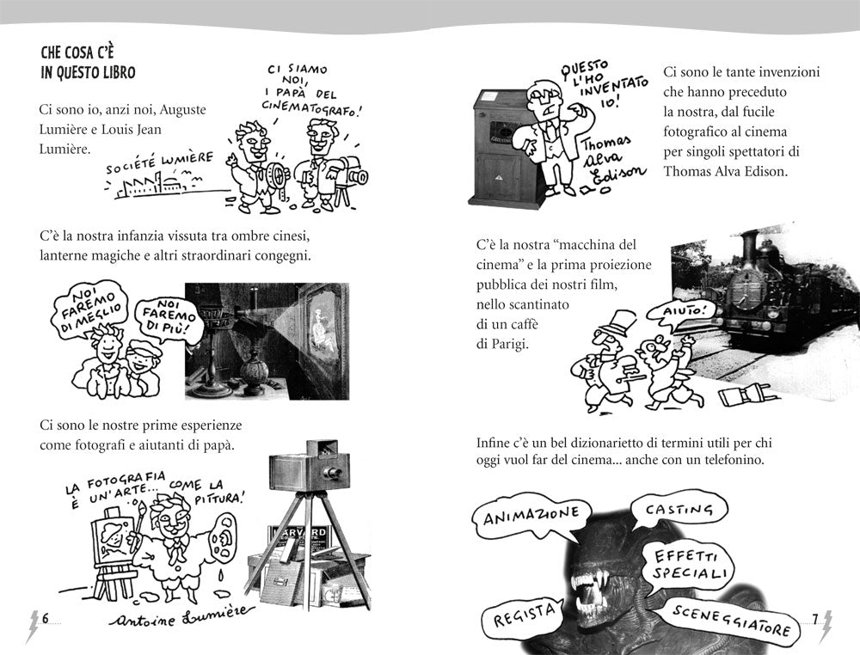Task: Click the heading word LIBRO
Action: click(x=117, y=72)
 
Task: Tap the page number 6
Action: click(x=46, y=618)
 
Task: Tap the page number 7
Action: click(x=815, y=618)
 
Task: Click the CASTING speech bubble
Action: click(x=679, y=511)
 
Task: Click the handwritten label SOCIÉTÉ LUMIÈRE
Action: click(x=160, y=163)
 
